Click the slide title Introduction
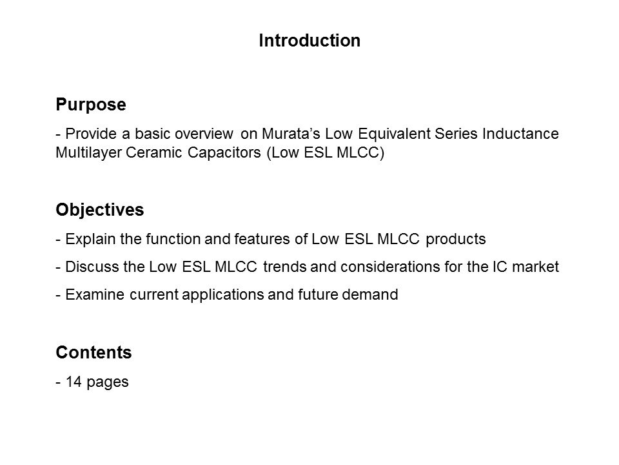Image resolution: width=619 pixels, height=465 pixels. pyautogui.click(x=309, y=40)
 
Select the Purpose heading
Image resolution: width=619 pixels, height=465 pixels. pyautogui.click(x=91, y=105)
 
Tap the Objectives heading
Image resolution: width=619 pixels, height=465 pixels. pyautogui.click(x=100, y=209)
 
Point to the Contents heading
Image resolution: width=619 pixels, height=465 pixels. pyautogui.click(x=93, y=353)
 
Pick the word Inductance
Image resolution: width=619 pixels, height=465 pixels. pyautogui.click(x=520, y=134)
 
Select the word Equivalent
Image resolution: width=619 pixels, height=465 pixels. pyautogui.click(x=394, y=134)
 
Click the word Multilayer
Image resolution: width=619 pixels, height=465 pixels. pyautogui.click(x=89, y=152)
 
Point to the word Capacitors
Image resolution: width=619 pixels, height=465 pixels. pyautogui.click(x=224, y=153)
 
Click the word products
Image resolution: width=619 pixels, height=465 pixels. pyautogui.click(x=456, y=240)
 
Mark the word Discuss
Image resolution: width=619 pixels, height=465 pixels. pyautogui.click(x=92, y=267)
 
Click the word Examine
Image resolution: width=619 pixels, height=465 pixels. pyautogui.click(x=95, y=294)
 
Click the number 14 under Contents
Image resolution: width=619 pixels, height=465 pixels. pyautogui.click(x=74, y=382)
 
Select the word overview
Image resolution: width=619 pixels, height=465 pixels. pyautogui.click(x=204, y=134)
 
